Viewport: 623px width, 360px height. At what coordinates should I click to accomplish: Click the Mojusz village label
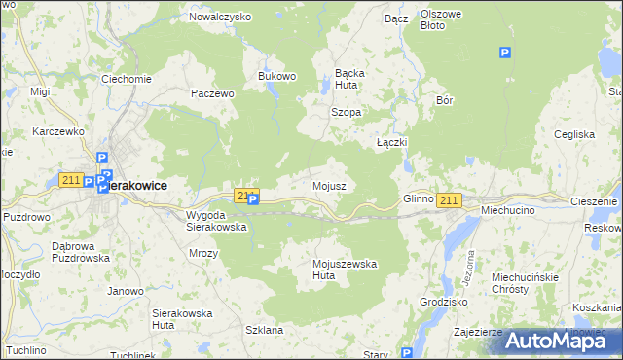pyautogui.click(x=328, y=185)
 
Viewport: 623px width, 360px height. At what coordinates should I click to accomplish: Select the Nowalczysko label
pyautogui.click(x=220, y=17)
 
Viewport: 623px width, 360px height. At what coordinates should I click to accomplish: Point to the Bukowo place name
pyautogui.click(x=275, y=75)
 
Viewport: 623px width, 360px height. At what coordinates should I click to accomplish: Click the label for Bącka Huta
pyautogui.click(x=349, y=78)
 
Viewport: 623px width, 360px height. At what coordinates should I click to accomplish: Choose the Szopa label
pyautogui.click(x=346, y=112)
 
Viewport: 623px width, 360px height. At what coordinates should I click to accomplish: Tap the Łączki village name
pyautogui.click(x=391, y=142)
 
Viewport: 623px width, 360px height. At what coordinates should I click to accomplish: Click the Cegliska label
pyautogui.click(x=573, y=134)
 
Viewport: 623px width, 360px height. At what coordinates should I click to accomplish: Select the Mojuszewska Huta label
pyautogui.click(x=344, y=270)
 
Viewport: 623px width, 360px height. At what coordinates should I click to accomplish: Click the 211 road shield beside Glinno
pyautogui.click(x=448, y=200)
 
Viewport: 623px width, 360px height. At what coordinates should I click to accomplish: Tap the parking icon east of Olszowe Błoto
pyautogui.click(x=504, y=54)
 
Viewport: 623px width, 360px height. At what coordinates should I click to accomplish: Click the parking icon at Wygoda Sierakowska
pyautogui.click(x=253, y=200)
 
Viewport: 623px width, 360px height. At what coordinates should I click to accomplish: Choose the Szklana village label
pyautogui.click(x=264, y=330)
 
